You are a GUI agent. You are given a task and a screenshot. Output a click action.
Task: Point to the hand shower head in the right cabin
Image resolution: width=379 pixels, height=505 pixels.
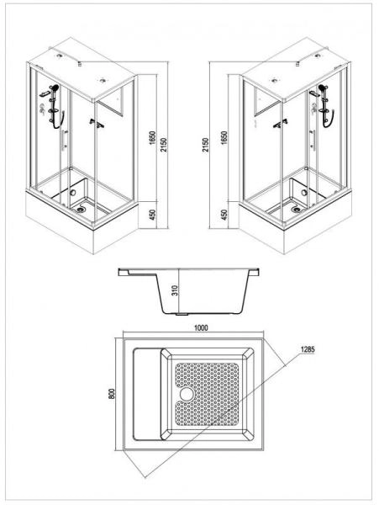pyautogui.click(x=321, y=87)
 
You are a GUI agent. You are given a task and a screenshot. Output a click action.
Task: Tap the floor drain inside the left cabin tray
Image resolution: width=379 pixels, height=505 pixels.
pyautogui.click(x=82, y=200)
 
